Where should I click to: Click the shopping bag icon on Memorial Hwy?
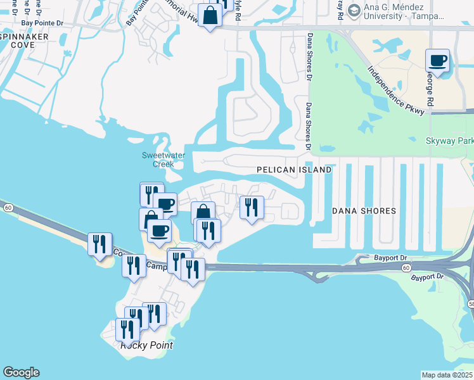(210, 15)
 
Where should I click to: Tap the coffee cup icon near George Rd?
(438, 61)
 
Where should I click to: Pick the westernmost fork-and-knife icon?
(100, 244)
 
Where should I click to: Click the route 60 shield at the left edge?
(7, 207)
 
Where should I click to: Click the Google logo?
(21, 372)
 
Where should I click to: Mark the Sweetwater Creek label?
(158, 160)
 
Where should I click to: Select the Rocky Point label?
(146, 345)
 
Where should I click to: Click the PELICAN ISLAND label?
(294, 170)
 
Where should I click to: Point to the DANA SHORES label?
(364, 211)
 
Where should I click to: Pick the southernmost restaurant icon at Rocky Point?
(128, 329)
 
